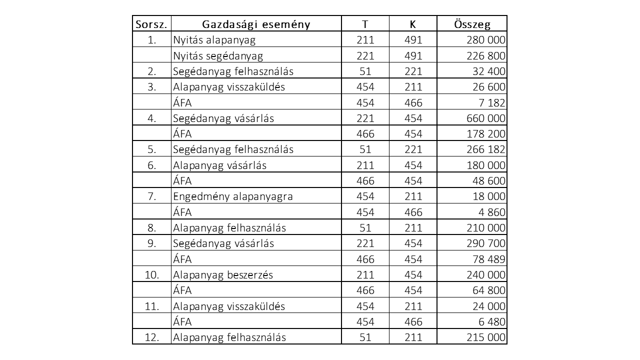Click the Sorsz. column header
point(151,24)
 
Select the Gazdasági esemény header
point(256,24)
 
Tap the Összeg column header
point(472,24)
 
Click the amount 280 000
point(485,40)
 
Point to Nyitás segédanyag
point(218,55)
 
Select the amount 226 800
point(485,55)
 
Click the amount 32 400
point(488,71)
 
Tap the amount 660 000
point(485,118)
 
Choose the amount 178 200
point(485,134)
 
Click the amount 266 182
point(485,149)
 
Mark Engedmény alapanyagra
point(233,196)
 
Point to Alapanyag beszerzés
point(223,274)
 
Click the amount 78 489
point(488,259)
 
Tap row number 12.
point(152,337)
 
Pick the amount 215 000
point(485,337)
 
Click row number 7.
point(152,196)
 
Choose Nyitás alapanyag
point(214,40)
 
